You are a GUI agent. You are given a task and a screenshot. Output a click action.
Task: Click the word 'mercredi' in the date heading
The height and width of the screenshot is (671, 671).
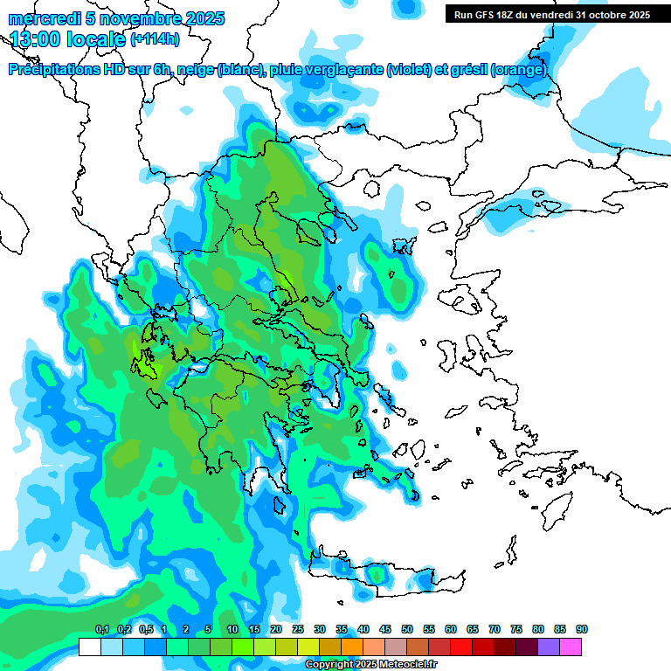(x=40, y=18)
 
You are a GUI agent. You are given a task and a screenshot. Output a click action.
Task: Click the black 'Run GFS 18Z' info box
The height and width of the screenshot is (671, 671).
(x=551, y=15)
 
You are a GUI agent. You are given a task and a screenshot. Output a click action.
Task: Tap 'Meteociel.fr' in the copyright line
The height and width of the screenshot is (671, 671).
(x=407, y=665)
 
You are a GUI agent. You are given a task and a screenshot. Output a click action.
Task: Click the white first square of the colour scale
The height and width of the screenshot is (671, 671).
(x=90, y=647)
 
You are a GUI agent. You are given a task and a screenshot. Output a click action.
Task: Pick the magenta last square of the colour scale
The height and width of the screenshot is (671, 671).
(x=571, y=647)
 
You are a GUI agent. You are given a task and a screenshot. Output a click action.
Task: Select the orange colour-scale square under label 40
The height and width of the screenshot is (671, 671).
(x=352, y=647)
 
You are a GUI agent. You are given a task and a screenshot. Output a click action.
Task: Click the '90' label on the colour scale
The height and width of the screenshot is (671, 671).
(x=582, y=629)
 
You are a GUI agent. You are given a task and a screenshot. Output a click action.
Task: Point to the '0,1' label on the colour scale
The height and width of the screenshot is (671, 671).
(x=101, y=629)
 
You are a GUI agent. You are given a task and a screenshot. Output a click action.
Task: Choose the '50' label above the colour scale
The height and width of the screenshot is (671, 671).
(x=407, y=629)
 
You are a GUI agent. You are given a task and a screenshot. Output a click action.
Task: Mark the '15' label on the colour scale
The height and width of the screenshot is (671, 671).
(x=254, y=629)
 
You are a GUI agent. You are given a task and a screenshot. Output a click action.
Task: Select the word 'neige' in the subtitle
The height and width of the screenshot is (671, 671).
(x=193, y=70)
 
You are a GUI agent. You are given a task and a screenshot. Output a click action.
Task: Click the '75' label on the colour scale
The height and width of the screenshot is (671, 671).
(x=516, y=629)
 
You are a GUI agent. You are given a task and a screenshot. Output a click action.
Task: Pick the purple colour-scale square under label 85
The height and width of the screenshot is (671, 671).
(x=549, y=647)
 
